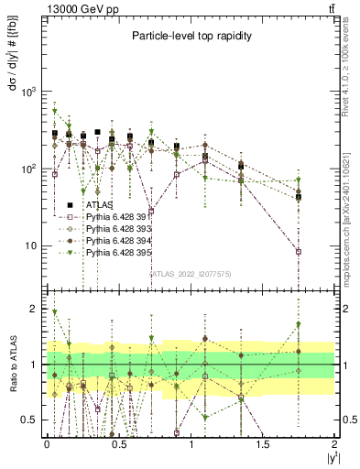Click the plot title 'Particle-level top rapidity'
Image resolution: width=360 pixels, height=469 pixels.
[x=190, y=37]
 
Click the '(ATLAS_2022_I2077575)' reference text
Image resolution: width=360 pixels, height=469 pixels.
[x=191, y=272]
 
